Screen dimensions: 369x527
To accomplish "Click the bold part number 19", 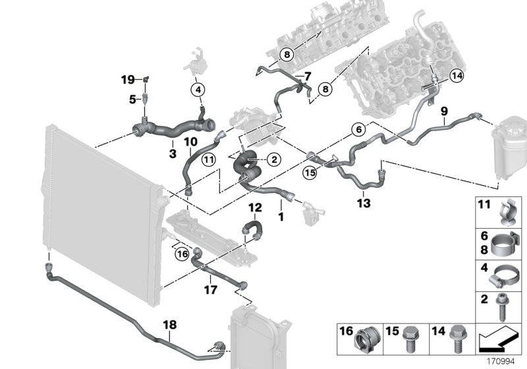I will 127,80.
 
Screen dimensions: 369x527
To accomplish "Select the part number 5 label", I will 132,100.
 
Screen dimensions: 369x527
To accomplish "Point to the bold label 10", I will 190,141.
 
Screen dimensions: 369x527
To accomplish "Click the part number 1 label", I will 281,215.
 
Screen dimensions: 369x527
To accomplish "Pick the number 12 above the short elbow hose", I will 255,208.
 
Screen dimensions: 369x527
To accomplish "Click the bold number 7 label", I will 307,76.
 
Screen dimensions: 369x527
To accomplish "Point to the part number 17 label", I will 210,288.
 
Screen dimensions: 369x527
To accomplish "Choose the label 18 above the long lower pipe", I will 169,324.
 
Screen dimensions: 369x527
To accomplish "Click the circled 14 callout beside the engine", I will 457,76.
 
